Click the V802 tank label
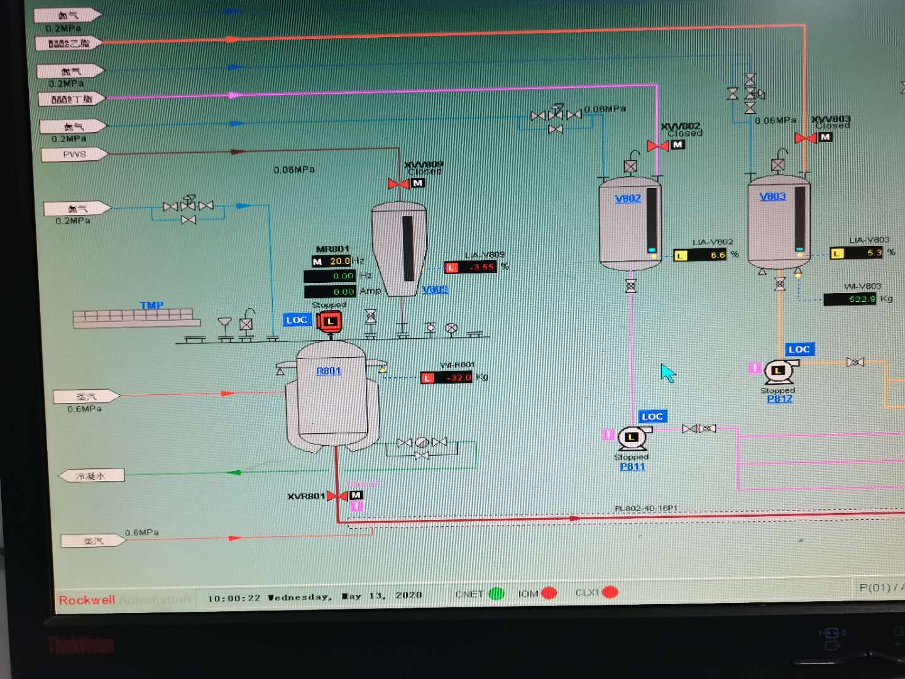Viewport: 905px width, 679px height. pyautogui.click(x=628, y=199)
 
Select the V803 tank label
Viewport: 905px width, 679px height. pyautogui.click(x=772, y=196)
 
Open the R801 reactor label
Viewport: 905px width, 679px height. pyautogui.click(x=329, y=371)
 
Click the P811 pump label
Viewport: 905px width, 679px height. pyautogui.click(x=632, y=466)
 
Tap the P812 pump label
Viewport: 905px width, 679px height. pyautogui.click(x=779, y=399)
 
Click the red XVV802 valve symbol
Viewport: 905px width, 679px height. pyautogui.click(x=658, y=146)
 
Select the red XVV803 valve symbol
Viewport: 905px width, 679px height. pyautogui.click(x=806, y=138)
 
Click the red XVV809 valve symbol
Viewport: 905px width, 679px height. pyautogui.click(x=398, y=184)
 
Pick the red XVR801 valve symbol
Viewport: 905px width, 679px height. pyautogui.click(x=337, y=496)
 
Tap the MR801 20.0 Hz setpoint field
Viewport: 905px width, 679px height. pyautogui.click(x=339, y=261)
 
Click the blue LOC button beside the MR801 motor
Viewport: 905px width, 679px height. pyautogui.click(x=297, y=320)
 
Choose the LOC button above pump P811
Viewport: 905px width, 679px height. pyautogui.click(x=652, y=416)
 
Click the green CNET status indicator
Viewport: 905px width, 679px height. pyautogui.click(x=496, y=593)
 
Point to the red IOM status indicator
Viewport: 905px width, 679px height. pyautogui.click(x=548, y=593)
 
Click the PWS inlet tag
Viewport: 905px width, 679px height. pyautogui.click(x=74, y=154)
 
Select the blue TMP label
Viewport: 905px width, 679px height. pyautogui.click(x=151, y=306)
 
